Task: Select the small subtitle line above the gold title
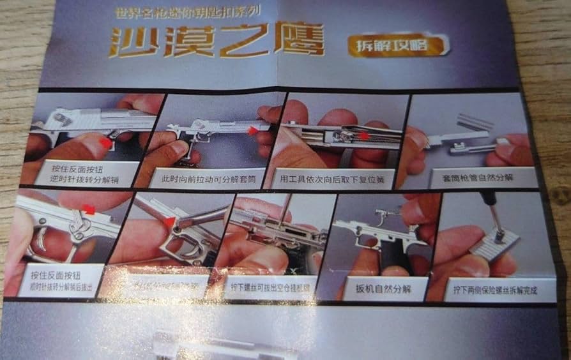(x=190, y=12)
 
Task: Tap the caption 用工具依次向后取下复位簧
(x=332, y=179)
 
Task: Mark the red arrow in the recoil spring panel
(x=365, y=135)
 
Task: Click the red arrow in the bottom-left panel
(x=89, y=209)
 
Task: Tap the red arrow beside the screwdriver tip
(x=170, y=222)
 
